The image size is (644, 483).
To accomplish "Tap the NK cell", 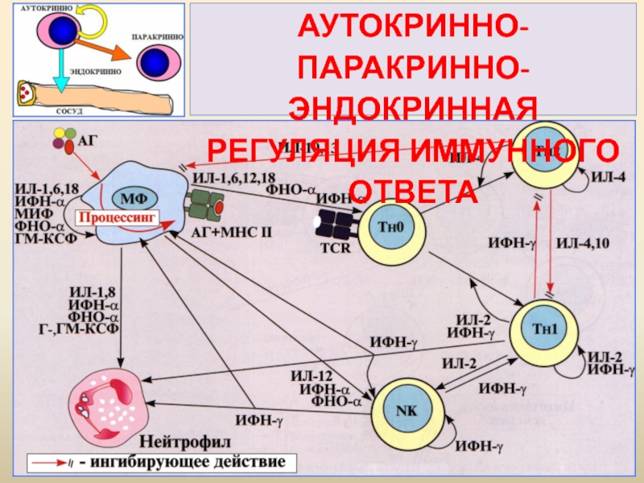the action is pyautogui.click(x=403, y=408).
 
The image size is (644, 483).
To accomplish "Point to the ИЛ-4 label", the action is pyautogui.click(x=609, y=177).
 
